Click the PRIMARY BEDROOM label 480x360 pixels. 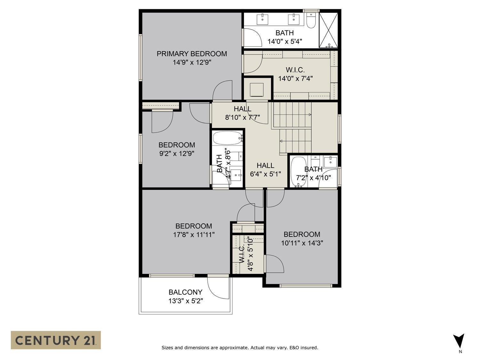point(192,54)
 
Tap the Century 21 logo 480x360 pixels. point(56,340)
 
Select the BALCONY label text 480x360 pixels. point(185,292)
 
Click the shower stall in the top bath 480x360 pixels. point(329,30)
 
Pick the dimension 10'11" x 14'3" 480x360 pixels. point(302,243)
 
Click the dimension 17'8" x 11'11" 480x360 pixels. point(194,235)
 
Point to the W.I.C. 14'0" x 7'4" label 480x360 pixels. point(295,74)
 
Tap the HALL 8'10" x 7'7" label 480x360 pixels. point(242,113)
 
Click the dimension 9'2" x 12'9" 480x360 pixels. point(177,154)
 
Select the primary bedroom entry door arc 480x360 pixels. point(222,91)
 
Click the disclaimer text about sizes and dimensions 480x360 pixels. point(240,348)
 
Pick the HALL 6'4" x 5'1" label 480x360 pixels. point(265,170)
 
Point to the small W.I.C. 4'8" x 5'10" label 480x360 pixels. point(246,254)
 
